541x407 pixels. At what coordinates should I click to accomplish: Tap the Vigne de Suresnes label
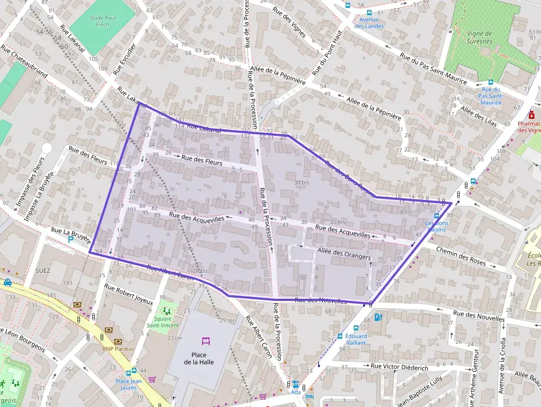[x=479, y=37]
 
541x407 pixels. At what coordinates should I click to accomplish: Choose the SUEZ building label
[x=42, y=271]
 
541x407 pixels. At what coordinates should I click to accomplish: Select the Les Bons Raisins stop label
[x=437, y=226]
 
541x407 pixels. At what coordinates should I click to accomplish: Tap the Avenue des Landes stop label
[x=369, y=23]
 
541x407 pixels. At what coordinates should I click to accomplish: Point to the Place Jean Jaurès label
[x=129, y=384]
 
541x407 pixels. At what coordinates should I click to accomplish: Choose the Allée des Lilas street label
[x=479, y=117]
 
